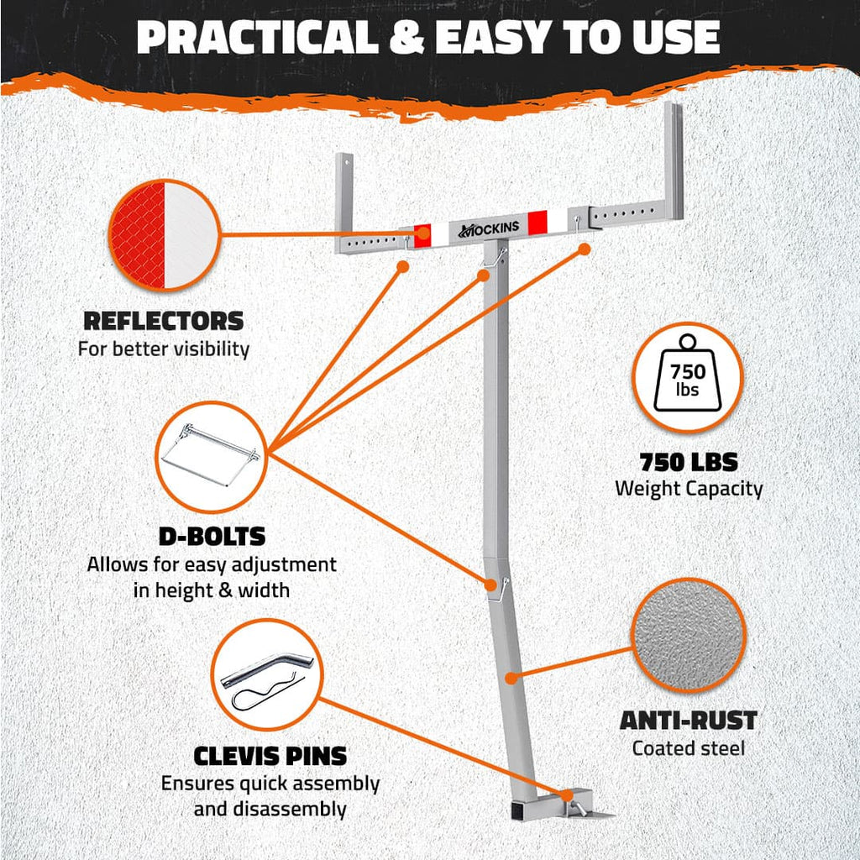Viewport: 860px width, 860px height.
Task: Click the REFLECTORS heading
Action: click(164, 321)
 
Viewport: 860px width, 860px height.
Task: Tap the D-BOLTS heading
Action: click(212, 537)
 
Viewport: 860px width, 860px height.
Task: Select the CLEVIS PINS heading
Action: click(270, 756)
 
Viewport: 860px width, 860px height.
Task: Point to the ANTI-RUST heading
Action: click(689, 720)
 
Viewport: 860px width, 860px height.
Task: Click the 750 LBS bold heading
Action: click(689, 463)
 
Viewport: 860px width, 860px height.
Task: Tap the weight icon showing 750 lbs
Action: click(687, 373)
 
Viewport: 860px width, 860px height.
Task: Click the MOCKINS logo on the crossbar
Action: click(489, 229)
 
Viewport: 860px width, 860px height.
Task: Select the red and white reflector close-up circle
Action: click(164, 235)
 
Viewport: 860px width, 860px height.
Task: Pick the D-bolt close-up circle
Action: click(211, 456)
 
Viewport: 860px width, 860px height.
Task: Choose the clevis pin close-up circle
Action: click(267, 674)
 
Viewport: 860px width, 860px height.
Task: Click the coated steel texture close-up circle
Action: click(689, 635)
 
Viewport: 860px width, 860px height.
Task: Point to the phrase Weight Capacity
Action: click(689, 488)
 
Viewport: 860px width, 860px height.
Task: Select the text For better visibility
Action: click(164, 349)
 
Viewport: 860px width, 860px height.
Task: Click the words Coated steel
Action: click(689, 747)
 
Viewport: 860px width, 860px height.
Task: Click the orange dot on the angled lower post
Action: click(511, 679)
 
